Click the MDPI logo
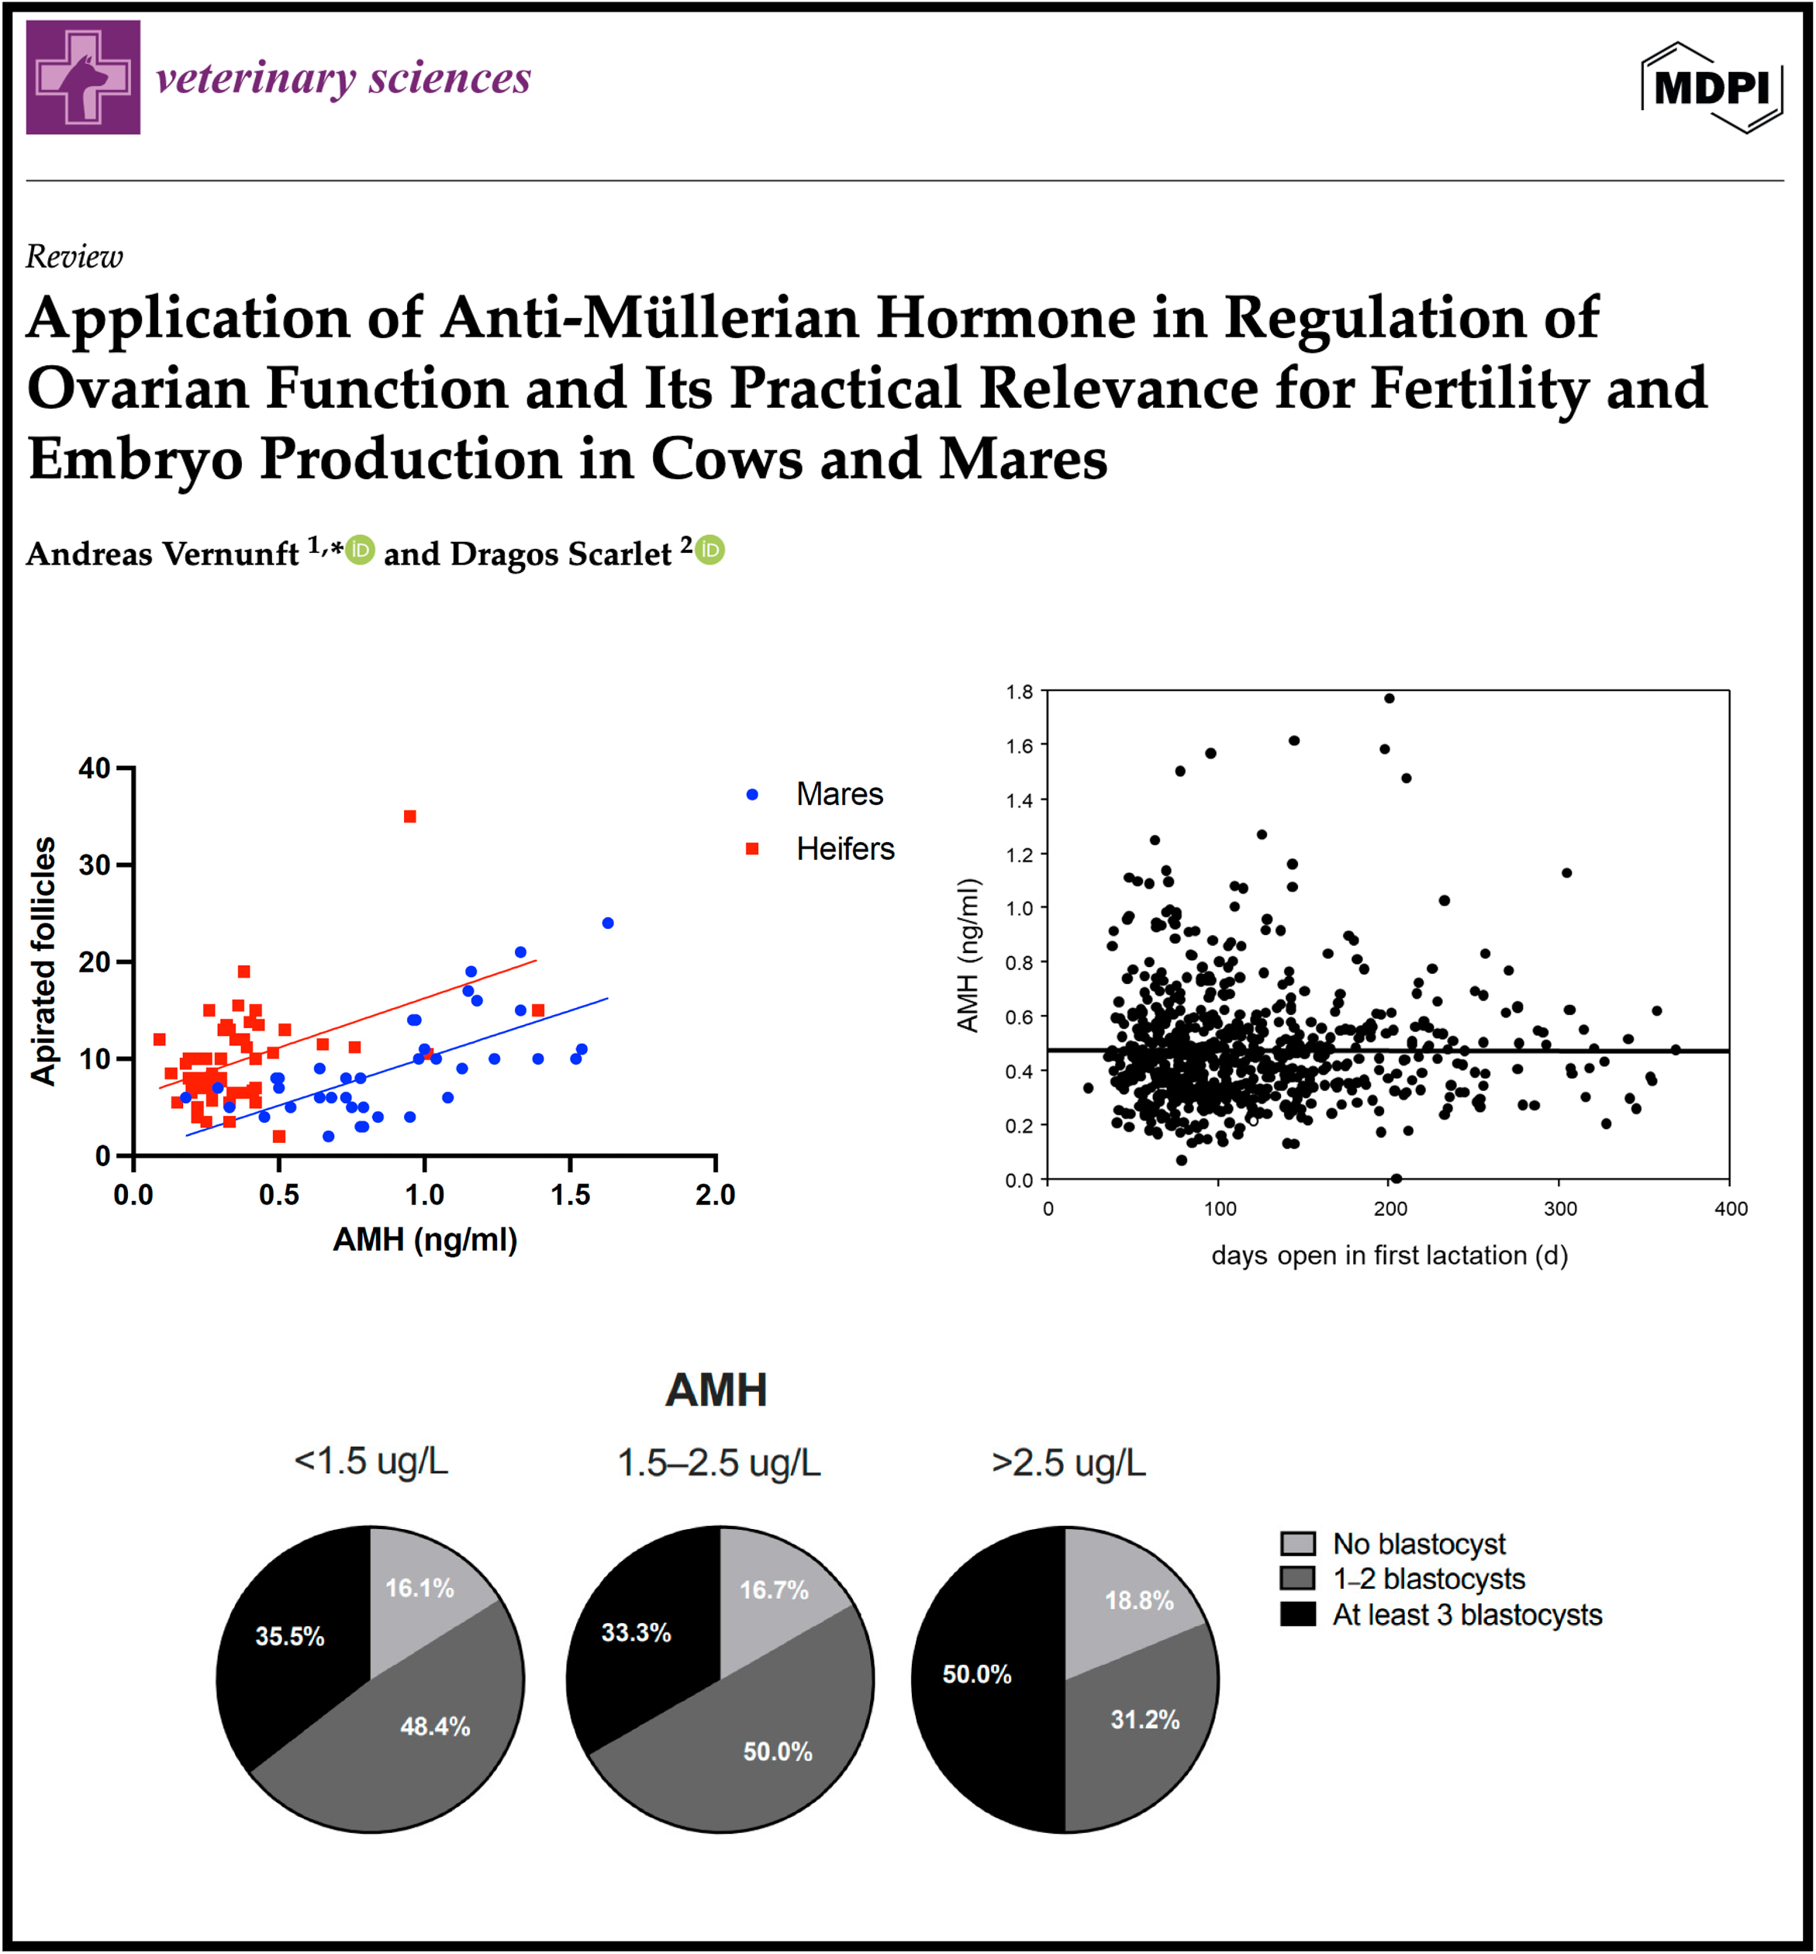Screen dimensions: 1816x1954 point(1712,88)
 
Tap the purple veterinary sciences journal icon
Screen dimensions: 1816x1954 point(84,77)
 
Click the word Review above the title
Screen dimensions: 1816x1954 point(74,257)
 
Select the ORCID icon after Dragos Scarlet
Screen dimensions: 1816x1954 point(710,551)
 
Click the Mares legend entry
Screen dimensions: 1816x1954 point(816,794)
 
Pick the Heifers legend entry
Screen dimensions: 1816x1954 point(821,849)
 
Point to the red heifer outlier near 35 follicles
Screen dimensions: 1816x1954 point(411,816)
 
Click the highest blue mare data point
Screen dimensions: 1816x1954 point(608,923)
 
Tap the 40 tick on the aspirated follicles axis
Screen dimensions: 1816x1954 point(95,768)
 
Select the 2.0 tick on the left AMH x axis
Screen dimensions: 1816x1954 point(716,1195)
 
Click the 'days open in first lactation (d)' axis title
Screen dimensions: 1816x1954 point(1390,1255)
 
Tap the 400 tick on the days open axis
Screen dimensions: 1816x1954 point(1731,1209)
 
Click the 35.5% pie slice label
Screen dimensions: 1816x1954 point(290,1637)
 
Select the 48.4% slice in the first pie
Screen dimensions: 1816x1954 point(413,1730)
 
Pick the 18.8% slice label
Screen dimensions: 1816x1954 point(1140,1601)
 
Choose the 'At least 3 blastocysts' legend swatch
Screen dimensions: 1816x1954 point(1298,1615)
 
